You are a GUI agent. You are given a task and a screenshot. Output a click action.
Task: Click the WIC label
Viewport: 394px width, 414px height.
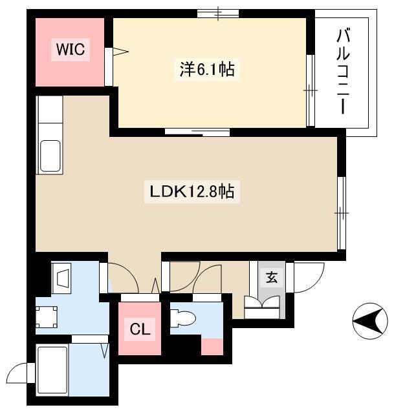point(71,49)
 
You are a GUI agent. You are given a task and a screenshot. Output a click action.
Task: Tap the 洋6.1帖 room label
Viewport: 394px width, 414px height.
point(207,70)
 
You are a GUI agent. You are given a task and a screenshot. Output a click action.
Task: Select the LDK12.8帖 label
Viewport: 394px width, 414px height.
point(192,191)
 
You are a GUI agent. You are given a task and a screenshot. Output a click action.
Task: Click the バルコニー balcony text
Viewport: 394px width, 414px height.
point(343,72)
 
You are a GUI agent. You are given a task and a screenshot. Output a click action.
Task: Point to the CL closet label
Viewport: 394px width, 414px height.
point(140,329)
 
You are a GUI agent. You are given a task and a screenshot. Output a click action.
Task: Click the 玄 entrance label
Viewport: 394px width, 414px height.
point(272,277)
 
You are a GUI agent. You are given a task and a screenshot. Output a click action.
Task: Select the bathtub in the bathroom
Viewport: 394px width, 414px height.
point(52,369)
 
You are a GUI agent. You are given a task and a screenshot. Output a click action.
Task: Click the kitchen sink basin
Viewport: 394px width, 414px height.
point(50,156)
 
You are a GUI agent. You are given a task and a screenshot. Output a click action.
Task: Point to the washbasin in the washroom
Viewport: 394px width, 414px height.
point(63,278)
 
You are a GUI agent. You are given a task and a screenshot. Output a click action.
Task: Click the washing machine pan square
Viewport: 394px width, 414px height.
point(47,316)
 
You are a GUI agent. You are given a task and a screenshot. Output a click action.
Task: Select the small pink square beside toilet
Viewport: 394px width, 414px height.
point(212,347)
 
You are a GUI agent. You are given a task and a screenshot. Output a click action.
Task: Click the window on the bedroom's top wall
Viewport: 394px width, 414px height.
point(218,13)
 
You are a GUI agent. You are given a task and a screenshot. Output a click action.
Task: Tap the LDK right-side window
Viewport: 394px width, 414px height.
point(342,212)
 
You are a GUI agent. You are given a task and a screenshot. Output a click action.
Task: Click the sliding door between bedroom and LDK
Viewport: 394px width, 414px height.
point(197,132)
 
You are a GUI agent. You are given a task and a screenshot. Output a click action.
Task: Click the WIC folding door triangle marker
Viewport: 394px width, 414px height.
point(120,52)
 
